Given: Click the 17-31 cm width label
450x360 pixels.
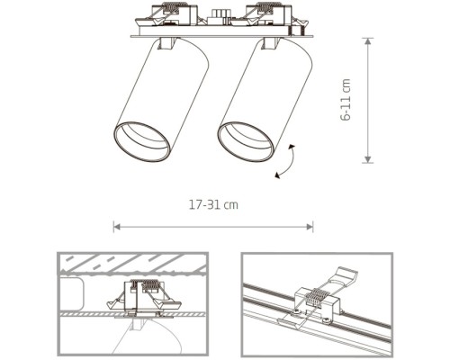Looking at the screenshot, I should click(213, 205).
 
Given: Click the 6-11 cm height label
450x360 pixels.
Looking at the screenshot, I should click(346, 99).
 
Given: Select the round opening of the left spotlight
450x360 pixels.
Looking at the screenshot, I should click(140, 140).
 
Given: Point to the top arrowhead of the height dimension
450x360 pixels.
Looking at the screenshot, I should click(367, 40).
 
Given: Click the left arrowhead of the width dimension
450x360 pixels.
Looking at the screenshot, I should click(115, 226).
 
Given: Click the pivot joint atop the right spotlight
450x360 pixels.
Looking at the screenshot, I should click(270, 43).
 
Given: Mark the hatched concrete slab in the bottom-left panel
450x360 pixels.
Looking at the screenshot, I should click(133, 264).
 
